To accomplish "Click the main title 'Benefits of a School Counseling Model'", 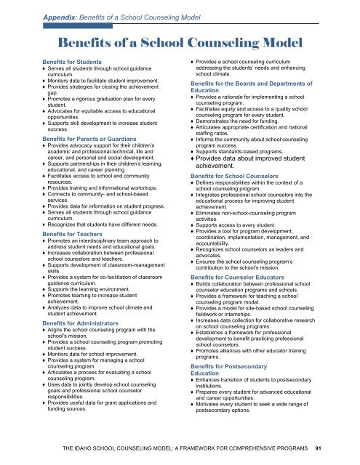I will [180, 40].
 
